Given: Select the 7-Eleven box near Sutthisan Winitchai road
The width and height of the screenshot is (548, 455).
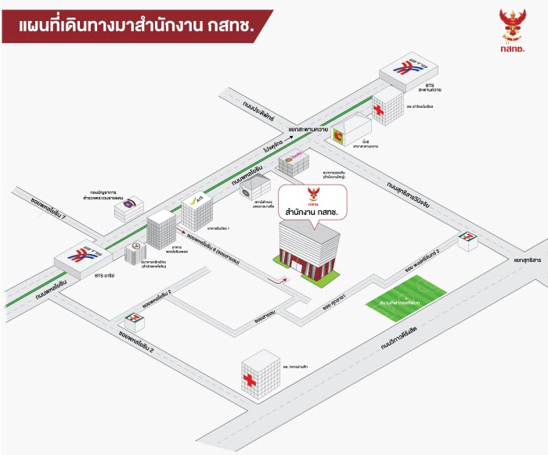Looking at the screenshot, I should click(468, 239).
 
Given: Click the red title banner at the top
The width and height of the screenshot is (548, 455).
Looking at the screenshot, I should click(137, 26).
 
